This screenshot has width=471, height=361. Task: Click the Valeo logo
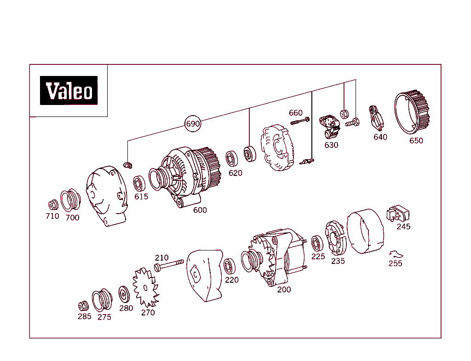pyautogui.click(x=69, y=90)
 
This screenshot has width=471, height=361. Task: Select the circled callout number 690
pyautogui.click(x=193, y=124)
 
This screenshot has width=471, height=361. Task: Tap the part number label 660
pyautogui.click(x=296, y=113)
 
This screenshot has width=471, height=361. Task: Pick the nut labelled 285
pyautogui.click(x=83, y=305)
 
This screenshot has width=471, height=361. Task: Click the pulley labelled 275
pyautogui.click(x=102, y=301)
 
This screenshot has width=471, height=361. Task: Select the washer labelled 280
pyautogui.click(x=124, y=294)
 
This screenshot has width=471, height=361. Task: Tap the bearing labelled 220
pyautogui.click(x=230, y=266)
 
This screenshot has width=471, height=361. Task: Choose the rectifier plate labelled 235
pyautogui.click(x=335, y=238)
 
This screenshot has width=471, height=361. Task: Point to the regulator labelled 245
pyautogui.click(x=397, y=214)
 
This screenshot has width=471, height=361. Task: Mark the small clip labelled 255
pyautogui.click(x=395, y=254)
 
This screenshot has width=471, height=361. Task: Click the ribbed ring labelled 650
pyautogui.click(x=412, y=112)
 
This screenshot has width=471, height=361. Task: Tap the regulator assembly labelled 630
pyautogui.click(x=331, y=127)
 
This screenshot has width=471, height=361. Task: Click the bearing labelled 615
pyautogui.click(x=139, y=183)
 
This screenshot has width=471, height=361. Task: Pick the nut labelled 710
pyautogui.click(x=53, y=204)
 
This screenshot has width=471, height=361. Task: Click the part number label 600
pyautogui.click(x=200, y=210)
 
